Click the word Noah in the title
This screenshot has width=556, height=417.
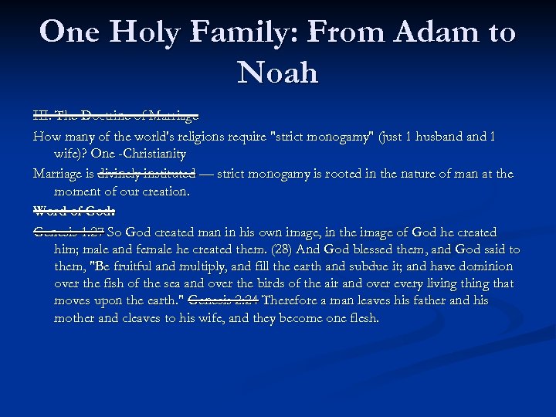[278, 73]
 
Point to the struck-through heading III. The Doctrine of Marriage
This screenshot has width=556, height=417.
[116, 115]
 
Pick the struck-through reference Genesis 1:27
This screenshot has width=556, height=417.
[69, 232]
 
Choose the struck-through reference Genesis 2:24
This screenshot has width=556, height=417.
[222, 300]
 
